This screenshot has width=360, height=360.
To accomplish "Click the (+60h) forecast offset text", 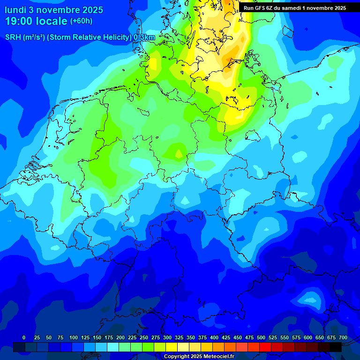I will [81, 21].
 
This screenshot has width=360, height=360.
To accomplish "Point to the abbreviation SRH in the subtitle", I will [13, 37].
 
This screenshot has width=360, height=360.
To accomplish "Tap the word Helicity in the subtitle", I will [111, 37].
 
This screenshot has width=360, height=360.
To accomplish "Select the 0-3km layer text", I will [144, 37].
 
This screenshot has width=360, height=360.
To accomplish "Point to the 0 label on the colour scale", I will [24, 337].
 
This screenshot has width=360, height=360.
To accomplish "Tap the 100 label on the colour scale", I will [74, 337].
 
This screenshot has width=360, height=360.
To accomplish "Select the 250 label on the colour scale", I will [144, 337].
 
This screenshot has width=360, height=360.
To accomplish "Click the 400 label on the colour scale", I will [214, 337].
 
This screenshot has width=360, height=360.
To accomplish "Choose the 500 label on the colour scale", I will [261, 337].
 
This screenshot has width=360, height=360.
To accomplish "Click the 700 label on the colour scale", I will [343, 337].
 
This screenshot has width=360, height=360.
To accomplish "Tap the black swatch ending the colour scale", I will [336, 347].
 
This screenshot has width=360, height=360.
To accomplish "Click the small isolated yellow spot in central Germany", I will [179, 153].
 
